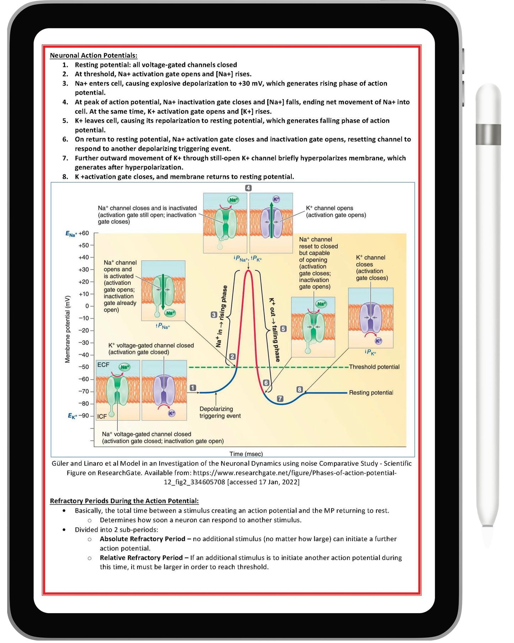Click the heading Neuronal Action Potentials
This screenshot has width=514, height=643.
(x=93, y=56)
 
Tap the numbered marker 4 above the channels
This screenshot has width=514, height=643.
(x=248, y=188)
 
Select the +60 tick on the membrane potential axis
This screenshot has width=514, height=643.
(x=84, y=234)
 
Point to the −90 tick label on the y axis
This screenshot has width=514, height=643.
(x=84, y=416)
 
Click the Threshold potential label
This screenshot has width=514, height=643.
(x=374, y=367)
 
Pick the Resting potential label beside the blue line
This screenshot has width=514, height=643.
(x=371, y=393)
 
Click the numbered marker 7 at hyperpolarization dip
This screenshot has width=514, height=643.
(x=280, y=399)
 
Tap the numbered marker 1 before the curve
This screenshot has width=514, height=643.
(x=192, y=388)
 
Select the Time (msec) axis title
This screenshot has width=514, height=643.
(x=246, y=454)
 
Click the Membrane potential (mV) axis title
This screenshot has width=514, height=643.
(x=68, y=329)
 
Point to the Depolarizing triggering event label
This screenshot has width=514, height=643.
(x=220, y=413)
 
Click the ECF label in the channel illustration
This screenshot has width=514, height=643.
(x=103, y=365)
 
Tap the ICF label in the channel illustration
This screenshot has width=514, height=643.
(x=102, y=417)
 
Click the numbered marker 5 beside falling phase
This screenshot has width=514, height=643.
(x=283, y=329)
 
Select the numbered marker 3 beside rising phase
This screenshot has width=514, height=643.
(x=213, y=315)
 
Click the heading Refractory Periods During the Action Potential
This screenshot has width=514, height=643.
(x=124, y=501)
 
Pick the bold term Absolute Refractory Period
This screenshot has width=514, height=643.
(x=142, y=539)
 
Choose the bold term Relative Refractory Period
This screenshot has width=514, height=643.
(x=141, y=558)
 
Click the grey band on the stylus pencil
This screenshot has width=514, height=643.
(x=488, y=135)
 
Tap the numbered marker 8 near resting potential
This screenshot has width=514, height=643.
(x=300, y=390)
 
